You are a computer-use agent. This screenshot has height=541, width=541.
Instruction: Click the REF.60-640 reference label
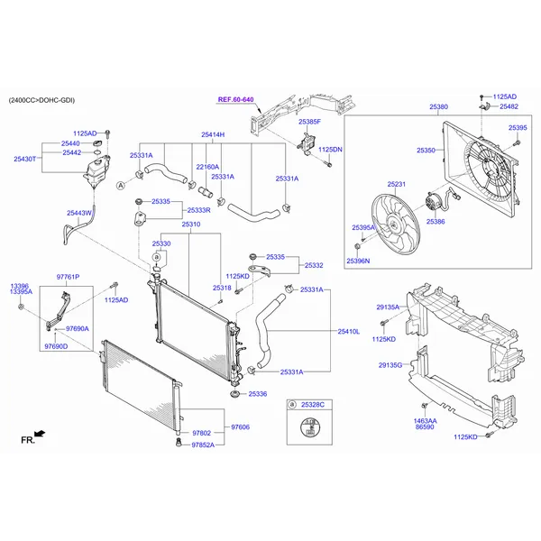tap(235, 99)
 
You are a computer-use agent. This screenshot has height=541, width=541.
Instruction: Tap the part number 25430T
tap(25, 159)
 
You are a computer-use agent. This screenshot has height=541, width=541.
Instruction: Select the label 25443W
tap(79, 213)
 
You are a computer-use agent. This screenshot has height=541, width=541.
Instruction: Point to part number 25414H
tap(213, 134)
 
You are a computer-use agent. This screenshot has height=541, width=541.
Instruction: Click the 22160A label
tap(207, 166)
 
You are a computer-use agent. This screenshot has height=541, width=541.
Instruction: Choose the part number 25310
tap(190, 224)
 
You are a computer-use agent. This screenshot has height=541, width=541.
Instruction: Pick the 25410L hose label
tap(348, 331)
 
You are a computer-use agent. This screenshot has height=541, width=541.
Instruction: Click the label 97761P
tap(69, 277)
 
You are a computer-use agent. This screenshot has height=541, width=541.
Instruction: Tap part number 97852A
tap(203, 445)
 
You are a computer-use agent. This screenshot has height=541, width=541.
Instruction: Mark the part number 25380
tap(438, 107)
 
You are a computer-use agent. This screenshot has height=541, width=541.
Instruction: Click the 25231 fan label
tap(397, 185)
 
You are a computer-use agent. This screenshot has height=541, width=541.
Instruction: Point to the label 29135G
tap(390, 365)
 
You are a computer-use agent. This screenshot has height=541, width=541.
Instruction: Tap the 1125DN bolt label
tap(331, 150)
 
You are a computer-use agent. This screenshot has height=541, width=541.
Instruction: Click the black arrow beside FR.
tap(39, 434)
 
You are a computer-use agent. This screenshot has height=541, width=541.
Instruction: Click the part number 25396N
tap(358, 261)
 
